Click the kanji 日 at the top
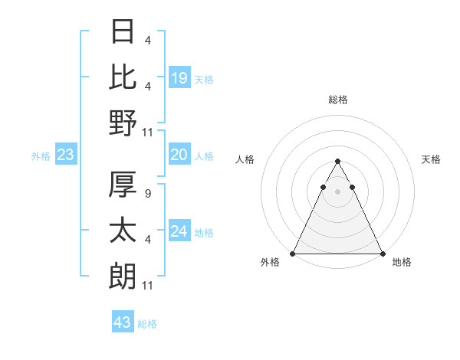123,33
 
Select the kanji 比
123,77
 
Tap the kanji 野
123,123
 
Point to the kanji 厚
123,185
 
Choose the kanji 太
123,230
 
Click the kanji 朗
123,276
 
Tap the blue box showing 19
179,77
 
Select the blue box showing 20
179,155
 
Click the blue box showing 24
179,231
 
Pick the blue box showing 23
66,155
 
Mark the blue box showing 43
123,322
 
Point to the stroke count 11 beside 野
149,133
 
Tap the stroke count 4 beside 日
146,41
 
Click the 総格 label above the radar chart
337,100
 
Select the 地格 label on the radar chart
402,263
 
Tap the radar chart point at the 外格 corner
293,254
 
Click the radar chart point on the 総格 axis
337,162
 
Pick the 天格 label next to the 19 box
204,79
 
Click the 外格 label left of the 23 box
41,156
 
